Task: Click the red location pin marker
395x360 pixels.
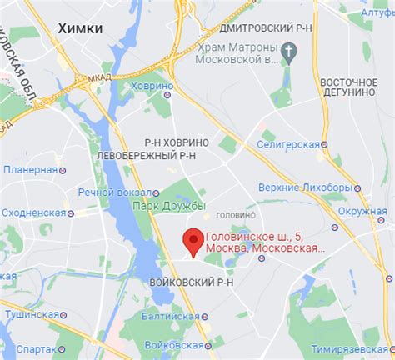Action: click(193, 241)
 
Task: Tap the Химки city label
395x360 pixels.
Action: click(81, 28)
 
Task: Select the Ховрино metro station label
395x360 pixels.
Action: click(152, 85)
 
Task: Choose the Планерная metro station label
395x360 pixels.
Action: click(29, 169)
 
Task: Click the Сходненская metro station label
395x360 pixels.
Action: click(32, 212)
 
